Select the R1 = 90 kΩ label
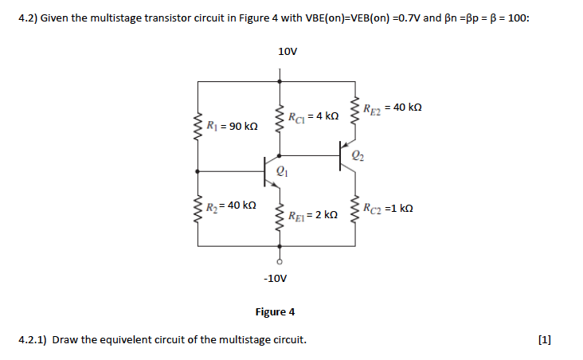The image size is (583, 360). (232, 126)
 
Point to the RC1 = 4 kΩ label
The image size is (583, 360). (317, 116)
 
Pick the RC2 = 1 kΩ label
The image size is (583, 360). (388, 209)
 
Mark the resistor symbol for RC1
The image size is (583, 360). (279, 119)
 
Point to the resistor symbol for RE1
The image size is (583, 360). (279, 214)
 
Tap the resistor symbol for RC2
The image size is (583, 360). (356, 209)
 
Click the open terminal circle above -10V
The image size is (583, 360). (279, 260)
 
